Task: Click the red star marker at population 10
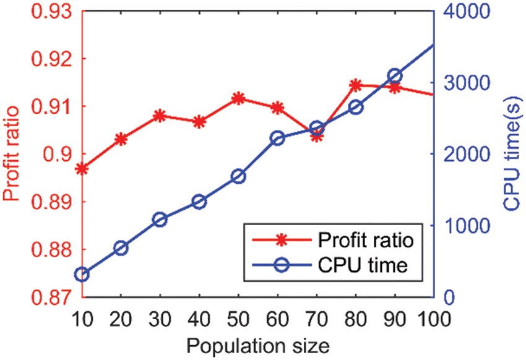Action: point(82,168)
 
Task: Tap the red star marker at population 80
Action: point(355,85)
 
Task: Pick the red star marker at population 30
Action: point(160,116)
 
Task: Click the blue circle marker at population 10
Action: point(82,275)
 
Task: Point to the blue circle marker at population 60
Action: point(277,138)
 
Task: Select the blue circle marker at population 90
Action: point(395,76)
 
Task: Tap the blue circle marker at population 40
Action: point(199,202)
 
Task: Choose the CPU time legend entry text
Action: point(363,266)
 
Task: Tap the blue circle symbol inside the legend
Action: point(283,266)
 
